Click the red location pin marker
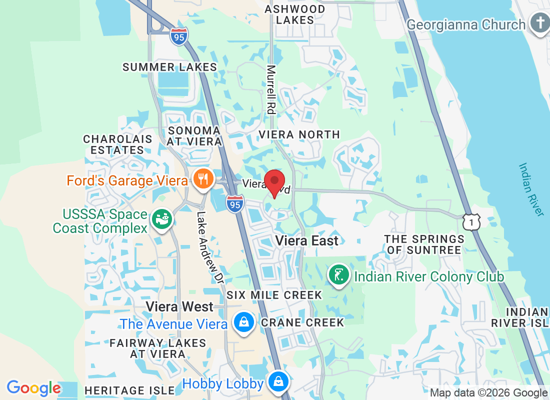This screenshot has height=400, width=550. [x=274, y=182]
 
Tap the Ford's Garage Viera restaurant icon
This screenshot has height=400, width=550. [x=203, y=178]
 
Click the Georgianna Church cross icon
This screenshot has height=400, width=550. [x=540, y=23]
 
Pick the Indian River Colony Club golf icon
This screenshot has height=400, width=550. [x=338, y=274]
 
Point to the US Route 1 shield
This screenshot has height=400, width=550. [x=471, y=220]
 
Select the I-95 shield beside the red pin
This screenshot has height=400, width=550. [x=234, y=203]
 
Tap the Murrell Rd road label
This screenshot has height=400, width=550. [x=271, y=90]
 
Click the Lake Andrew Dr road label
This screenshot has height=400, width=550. [x=209, y=248]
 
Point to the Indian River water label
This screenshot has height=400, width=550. [x=531, y=189]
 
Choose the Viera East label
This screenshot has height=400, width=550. [x=307, y=240]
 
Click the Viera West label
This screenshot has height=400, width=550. [x=180, y=306]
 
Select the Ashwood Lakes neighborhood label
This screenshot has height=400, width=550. [x=295, y=14]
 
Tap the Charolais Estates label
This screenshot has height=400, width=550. [x=114, y=144]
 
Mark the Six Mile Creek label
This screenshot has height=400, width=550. [x=274, y=295]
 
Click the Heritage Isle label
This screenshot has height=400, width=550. [x=129, y=390]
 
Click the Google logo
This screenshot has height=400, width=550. [x=33, y=387]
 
